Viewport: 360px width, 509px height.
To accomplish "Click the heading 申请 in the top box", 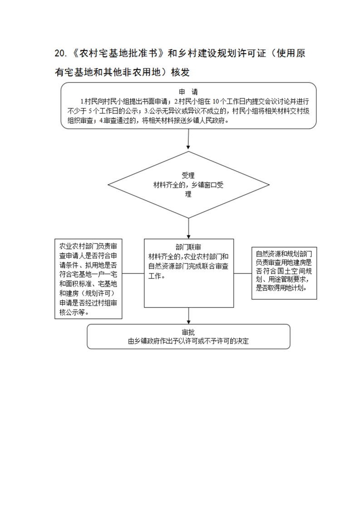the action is pyautogui.click(x=188, y=92).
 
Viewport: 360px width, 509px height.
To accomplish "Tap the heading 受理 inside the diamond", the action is pyautogui.click(x=188, y=176).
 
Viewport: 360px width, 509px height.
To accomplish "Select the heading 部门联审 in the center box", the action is pyautogui.click(x=188, y=247).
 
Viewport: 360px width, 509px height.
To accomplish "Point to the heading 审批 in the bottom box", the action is pyautogui.click(x=188, y=332).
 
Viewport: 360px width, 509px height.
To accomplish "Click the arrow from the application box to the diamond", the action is pyautogui.click(x=188, y=139).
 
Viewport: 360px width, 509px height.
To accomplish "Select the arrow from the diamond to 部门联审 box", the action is pyautogui.click(x=188, y=229).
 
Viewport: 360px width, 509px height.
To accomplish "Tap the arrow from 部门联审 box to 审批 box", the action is pyautogui.click(x=188, y=316).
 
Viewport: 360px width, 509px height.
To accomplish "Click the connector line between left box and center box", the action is pyautogui.click(x=133, y=273).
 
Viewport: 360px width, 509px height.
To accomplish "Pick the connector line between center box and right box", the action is pyautogui.click(x=243, y=273).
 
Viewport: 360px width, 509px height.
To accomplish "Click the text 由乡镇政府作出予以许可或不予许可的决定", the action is pyautogui.click(x=188, y=341).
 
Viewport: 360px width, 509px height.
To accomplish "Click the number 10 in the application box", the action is pyautogui.click(x=216, y=102).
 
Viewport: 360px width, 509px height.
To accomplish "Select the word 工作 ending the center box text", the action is pyautogui.click(x=155, y=276).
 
